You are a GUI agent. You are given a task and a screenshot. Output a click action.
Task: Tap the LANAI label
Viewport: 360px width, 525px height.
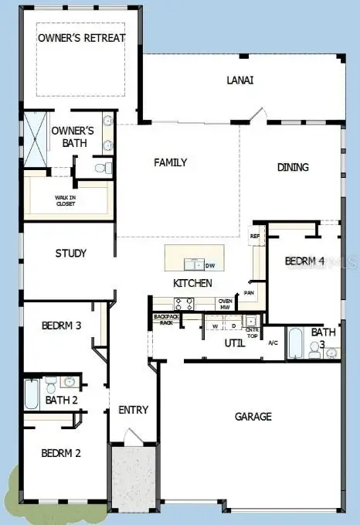tap(240, 80)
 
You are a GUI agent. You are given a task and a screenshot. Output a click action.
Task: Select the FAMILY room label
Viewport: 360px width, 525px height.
tap(171, 162)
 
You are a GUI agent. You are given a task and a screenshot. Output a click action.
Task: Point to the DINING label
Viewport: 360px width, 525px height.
tap(293, 167)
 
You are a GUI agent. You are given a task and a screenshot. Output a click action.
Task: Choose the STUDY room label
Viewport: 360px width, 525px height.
tap(70, 253)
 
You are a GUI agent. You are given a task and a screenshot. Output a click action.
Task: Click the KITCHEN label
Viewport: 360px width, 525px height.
tap(192, 283)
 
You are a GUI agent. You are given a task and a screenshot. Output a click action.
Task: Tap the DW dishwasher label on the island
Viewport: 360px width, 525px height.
tap(209, 265)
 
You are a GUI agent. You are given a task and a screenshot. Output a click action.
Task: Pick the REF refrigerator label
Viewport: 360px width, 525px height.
tap(255, 236)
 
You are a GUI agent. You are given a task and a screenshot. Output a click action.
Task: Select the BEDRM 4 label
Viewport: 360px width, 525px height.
tap(305, 261)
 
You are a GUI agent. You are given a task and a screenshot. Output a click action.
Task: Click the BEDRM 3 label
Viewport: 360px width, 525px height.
tap(61, 326)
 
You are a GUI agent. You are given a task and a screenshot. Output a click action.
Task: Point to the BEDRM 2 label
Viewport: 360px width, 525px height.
tap(61, 453)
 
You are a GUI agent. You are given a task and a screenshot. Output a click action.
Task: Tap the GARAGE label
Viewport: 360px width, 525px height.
tap(253, 417)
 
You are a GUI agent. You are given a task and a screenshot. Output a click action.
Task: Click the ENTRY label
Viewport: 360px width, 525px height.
tap(133, 410)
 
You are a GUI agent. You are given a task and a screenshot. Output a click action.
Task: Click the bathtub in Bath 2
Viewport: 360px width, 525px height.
tap(32, 394)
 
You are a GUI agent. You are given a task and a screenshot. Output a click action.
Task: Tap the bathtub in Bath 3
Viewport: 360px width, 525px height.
tap(297, 343)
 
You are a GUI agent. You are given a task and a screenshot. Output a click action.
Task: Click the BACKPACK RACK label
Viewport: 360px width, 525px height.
tap(164, 319)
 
